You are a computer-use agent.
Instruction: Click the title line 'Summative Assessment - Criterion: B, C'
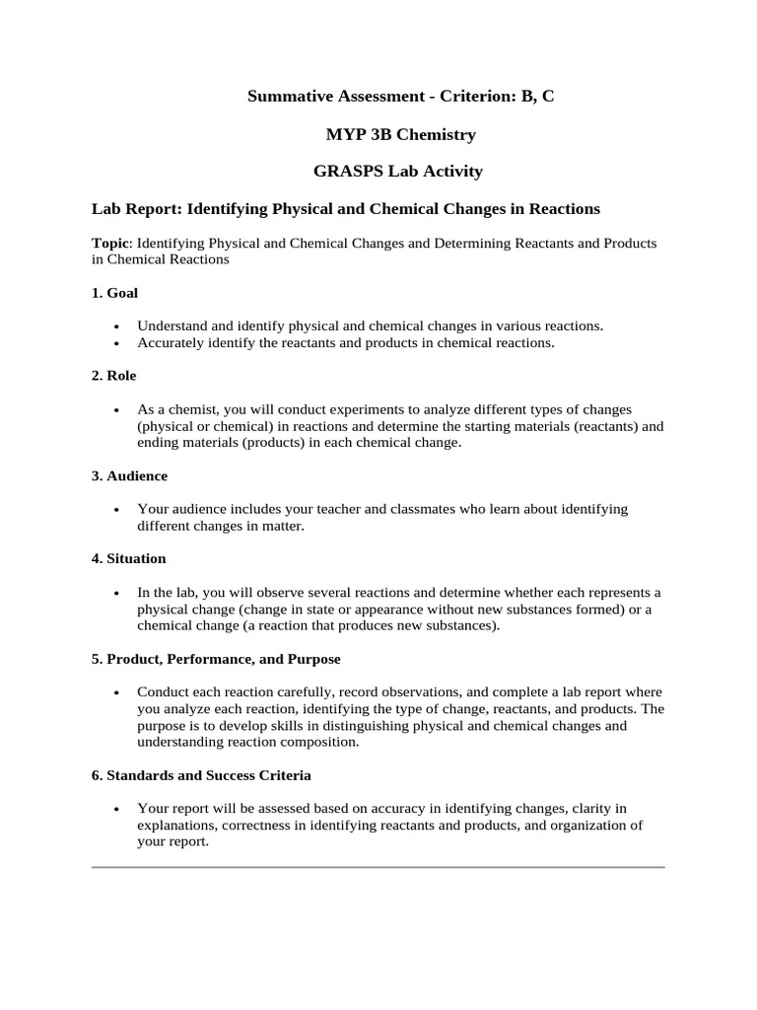[392, 96]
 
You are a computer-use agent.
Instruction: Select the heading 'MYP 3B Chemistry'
[392, 133]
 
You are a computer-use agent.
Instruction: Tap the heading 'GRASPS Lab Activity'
[397, 171]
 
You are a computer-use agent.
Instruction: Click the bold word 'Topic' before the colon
[110, 243]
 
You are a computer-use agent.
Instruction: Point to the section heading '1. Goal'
[115, 293]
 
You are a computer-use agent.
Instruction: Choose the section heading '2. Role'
[114, 376]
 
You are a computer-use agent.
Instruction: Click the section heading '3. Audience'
[130, 475]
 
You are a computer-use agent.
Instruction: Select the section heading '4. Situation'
[129, 558]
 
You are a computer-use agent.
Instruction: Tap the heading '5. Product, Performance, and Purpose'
[216, 658]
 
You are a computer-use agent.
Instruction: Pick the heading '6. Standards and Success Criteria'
[201, 775]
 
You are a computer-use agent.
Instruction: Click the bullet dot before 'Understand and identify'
[117, 326]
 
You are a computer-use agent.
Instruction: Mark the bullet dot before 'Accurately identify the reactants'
[117, 344]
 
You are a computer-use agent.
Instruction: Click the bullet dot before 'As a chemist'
[117, 409]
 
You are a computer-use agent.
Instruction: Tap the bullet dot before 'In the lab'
[117, 593]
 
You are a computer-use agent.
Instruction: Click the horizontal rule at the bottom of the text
[378, 867]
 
